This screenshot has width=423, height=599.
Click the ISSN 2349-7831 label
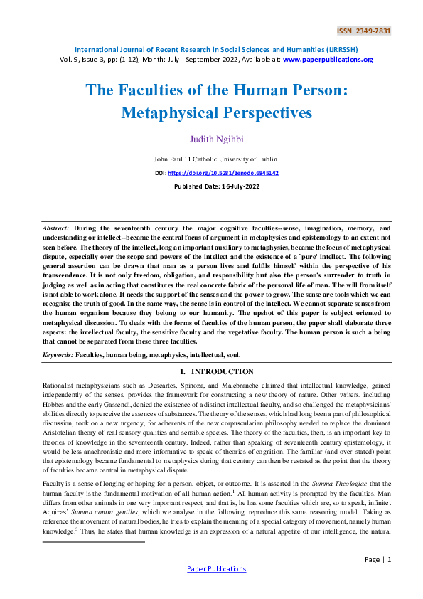coord(363,31)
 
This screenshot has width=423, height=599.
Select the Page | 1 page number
coord(378,559)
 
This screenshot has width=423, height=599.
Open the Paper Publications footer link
coord(216,568)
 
